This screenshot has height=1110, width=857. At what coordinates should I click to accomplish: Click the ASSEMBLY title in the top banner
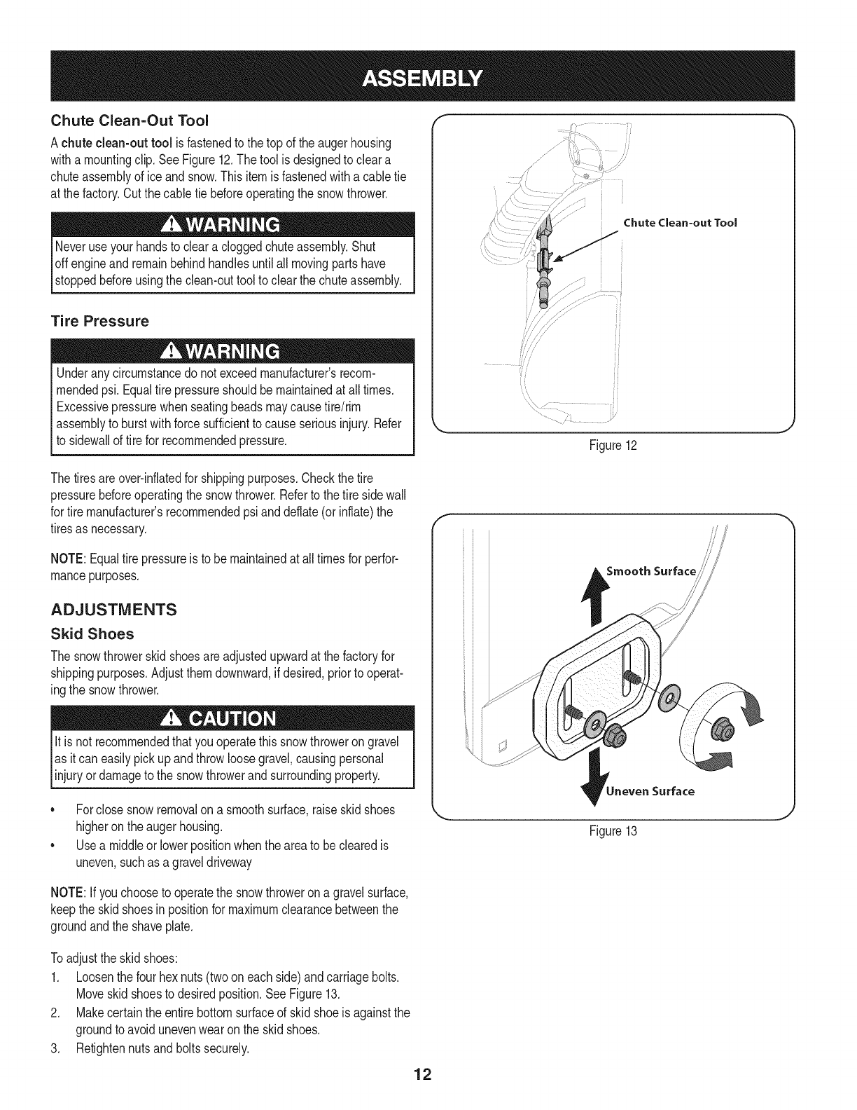click(428, 76)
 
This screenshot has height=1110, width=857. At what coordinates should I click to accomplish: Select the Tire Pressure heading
click(99, 322)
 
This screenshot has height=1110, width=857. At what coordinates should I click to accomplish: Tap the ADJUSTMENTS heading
click(113, 609)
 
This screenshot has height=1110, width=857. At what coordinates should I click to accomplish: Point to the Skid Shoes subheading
click(92, 633)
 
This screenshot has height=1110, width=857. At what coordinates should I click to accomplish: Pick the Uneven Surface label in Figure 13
click(650, 791)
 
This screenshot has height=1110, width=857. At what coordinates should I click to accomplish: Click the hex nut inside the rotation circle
click(719, 731)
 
